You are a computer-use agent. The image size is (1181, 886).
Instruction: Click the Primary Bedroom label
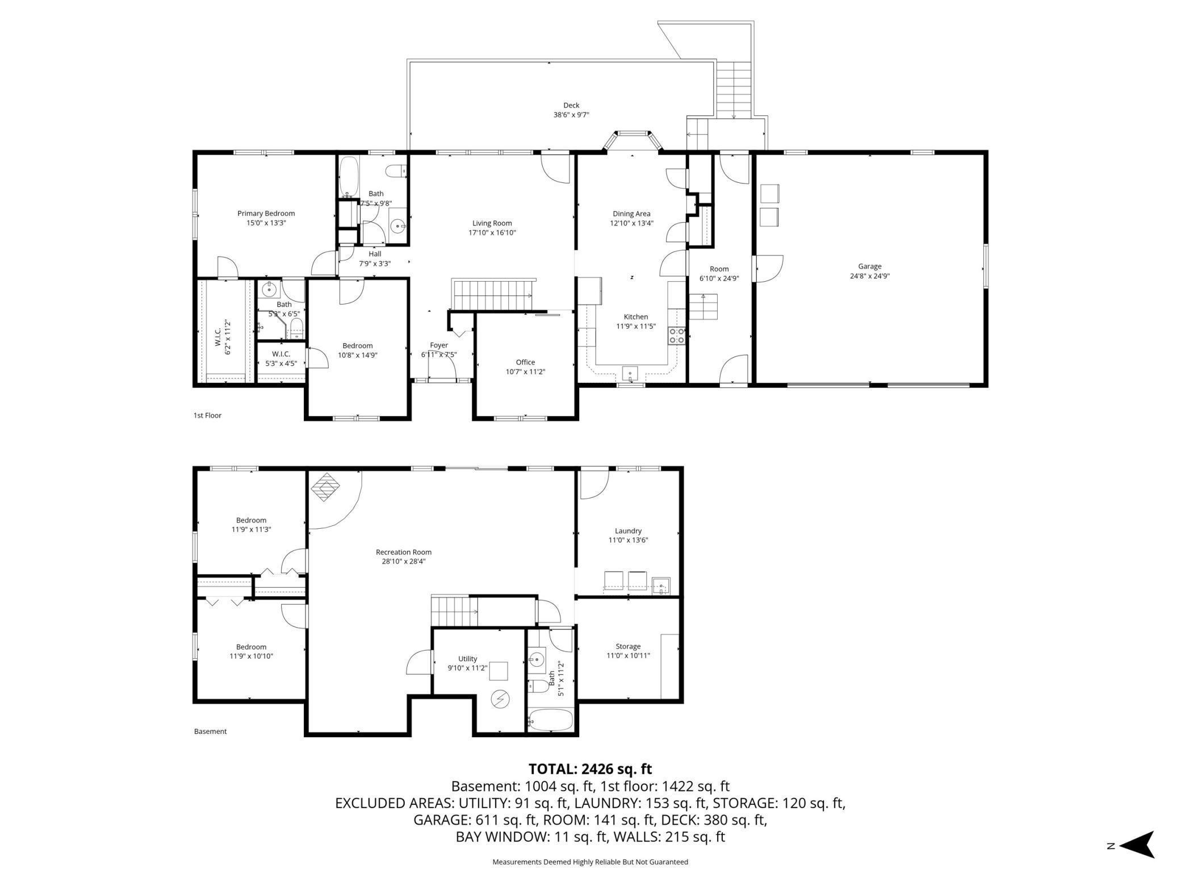pyautogui.click(x=266, y=214)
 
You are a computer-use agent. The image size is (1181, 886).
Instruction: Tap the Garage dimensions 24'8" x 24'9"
pyautogui.click(x=869, y=277)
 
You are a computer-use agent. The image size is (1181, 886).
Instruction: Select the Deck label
pyautogui.click(x=571, y=105)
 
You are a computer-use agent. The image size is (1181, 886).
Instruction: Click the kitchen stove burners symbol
pyautogui.click(x=676, y=336)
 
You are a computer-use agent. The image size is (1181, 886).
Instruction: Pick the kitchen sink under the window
pyautogui.click(x=630, y=374)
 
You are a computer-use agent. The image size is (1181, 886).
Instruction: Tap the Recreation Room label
pyautogui.click(x=404, y=552)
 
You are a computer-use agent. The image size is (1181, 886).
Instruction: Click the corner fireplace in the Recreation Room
pyautogui.click(x=324, y=487)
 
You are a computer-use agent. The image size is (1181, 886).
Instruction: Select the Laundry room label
pyautogui.click(x=628, y=531)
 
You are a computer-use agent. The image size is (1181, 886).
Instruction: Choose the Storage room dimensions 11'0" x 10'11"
pyautogui.click(x=628, y=655)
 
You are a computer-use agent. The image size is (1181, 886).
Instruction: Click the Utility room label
pyautogui.click(x=468, y=659)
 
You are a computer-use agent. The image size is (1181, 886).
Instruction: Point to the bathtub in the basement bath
pyautogui.click(x=551, y=720)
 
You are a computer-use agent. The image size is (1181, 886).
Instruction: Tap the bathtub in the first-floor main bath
pyautogui.click(x=349, y=177)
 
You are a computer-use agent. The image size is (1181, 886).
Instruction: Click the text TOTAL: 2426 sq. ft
pyautogui.click(x=590, y=769)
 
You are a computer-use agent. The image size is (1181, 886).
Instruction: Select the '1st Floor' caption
pyautogui.click(x=207, y=415)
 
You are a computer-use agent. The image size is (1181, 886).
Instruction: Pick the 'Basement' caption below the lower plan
pyautogui.click(x=210, y=732)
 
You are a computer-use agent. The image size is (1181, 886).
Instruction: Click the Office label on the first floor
pyautogui.click(x=525, y=362)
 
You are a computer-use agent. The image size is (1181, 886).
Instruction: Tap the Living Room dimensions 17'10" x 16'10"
pyautogui.click(x=492, y=233)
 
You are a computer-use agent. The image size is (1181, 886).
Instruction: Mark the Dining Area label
pyautogui.click(x=631, y=214)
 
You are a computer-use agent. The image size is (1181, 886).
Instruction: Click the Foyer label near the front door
pyautogui.click(x=439, y=345)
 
